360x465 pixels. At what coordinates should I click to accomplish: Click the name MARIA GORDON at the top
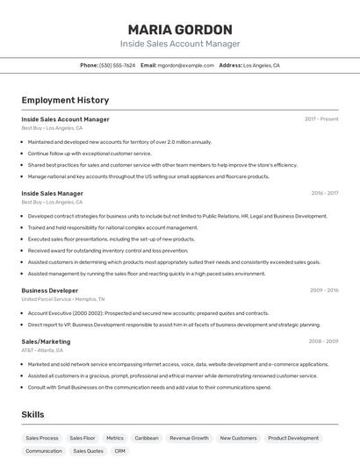pos(180,29)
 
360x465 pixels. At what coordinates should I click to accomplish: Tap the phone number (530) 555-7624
pos(117,65)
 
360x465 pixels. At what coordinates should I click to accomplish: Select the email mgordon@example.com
pos(185,65)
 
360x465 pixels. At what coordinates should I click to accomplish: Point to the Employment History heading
pos(65,100)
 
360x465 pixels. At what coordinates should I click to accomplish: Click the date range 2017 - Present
pos(321,118)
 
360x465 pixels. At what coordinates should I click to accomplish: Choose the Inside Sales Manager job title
pos(52,193)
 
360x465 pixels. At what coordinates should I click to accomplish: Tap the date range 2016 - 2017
pos(324,193)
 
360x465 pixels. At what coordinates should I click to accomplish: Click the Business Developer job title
pos(49,290)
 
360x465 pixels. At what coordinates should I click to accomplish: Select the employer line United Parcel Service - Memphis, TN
pos(63,299)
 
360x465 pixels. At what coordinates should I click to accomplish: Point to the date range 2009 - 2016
pos(324,290)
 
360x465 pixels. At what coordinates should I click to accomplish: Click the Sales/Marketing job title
pos(46,341)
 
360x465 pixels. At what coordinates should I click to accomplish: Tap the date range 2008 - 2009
pos(324,341)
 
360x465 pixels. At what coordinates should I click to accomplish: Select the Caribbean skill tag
pos(147,438)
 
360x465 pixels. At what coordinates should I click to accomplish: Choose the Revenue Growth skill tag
pos(189,438)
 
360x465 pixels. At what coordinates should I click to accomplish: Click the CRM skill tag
pos(120,451)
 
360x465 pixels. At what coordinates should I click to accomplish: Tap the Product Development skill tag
pos(293,438)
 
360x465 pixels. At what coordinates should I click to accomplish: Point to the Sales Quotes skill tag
pos(88,451)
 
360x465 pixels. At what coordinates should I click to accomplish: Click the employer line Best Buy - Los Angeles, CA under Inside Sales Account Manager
pos(52,128)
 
